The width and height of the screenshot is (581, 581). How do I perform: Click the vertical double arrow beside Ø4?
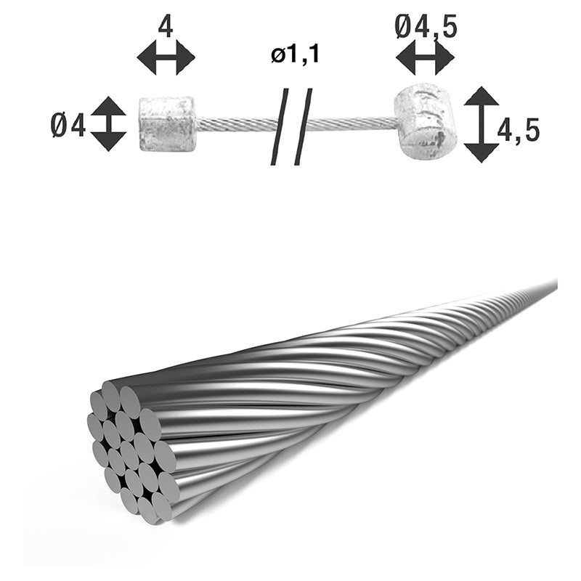(x=109, y=123)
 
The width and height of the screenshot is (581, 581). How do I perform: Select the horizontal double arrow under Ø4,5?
(x=425, y=58)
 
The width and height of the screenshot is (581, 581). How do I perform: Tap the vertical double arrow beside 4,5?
(x=481, y=124)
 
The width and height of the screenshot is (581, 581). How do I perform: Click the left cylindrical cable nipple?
(x=167, y=124)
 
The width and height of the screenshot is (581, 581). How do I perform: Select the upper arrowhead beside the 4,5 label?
(x=481, y=97)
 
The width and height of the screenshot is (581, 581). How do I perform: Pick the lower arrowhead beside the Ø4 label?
(x=109, y=141)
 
